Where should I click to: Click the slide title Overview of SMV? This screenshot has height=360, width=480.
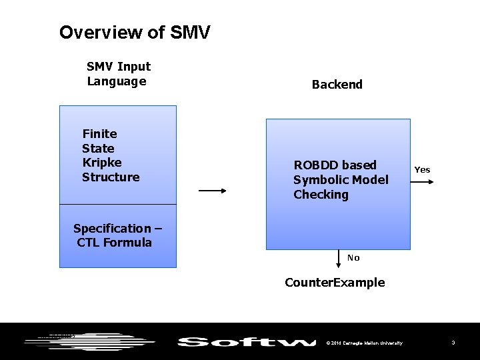(135, 32)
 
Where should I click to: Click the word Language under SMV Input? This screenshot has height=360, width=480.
(116, 81)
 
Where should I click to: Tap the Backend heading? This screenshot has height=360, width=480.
(337, 85)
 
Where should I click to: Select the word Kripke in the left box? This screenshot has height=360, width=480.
(101, 163)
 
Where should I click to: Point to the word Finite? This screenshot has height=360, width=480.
(99, 134)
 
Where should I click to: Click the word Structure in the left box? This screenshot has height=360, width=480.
(111, 177)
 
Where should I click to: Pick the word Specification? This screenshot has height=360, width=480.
(112, 229)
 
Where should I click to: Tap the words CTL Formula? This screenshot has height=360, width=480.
(114, 243)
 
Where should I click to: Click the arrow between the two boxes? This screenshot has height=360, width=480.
(213, 191)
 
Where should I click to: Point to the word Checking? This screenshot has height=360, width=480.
(321, 195)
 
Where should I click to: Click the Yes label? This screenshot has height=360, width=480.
(422, 170)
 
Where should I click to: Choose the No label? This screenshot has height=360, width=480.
(353, 258)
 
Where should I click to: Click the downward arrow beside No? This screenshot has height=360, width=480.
(338, 259)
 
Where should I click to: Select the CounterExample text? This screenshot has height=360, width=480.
(335, 283)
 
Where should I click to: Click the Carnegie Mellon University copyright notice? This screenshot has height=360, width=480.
(365, 343)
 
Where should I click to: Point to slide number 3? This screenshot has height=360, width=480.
(453, 343)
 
